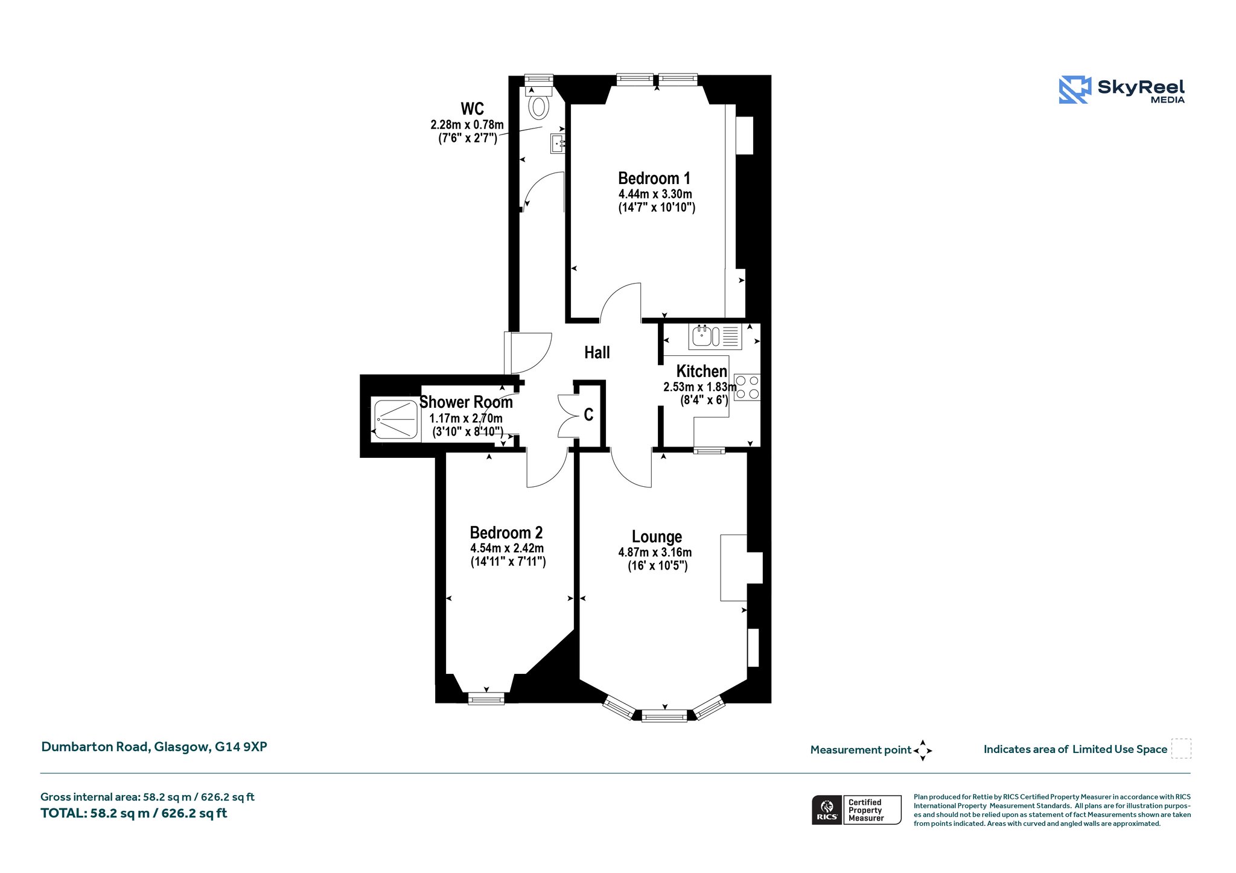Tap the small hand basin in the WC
(x=558, y=144)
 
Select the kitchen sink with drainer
(x=715, y=336)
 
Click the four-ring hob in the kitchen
(x=747, y=387)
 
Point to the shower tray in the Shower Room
(x=396, y=419)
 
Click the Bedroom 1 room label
(x=654, y=178)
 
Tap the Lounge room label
(x=657, y=536)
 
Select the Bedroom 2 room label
(x=506, y=533)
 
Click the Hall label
(x=597, y=352)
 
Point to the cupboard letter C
(x=588, y=414)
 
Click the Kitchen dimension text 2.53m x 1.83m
(x=700, y=387)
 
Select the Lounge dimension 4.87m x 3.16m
(x=655, y=552)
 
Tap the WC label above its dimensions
(x=472, y=109)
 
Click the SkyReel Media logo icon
(x=1075, y=89)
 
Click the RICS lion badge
(x=827, y=809)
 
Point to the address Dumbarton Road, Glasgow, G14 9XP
(x=154, y=747)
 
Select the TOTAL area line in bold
(x=133, y=813)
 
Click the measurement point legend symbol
(x=923, y=751)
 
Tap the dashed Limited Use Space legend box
(x=1181, y=749)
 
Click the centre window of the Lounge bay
(x=664, y=716)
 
